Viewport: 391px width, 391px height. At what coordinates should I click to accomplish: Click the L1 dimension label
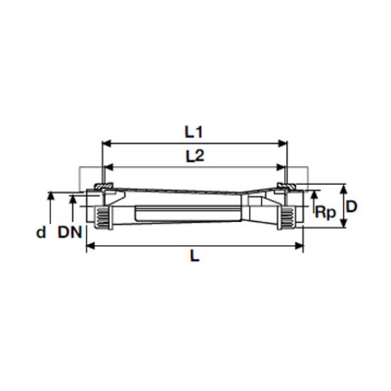coord(193,132)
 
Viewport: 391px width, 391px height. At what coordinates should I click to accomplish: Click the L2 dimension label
coord(195,156)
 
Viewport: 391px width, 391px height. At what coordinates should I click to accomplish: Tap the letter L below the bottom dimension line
coord(195,256)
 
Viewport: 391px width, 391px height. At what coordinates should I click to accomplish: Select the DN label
coord(70,232)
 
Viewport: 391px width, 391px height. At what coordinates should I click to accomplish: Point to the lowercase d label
coord(41,232)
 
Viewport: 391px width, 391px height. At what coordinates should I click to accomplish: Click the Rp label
coord(326,213)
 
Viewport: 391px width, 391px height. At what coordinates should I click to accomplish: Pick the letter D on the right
coord(352,206)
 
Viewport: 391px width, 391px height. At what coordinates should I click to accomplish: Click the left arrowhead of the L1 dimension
coord(107,144)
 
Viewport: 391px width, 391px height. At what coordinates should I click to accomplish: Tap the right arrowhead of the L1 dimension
coord(282,144)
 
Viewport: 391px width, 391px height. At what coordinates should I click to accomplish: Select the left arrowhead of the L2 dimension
coord(109,167)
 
